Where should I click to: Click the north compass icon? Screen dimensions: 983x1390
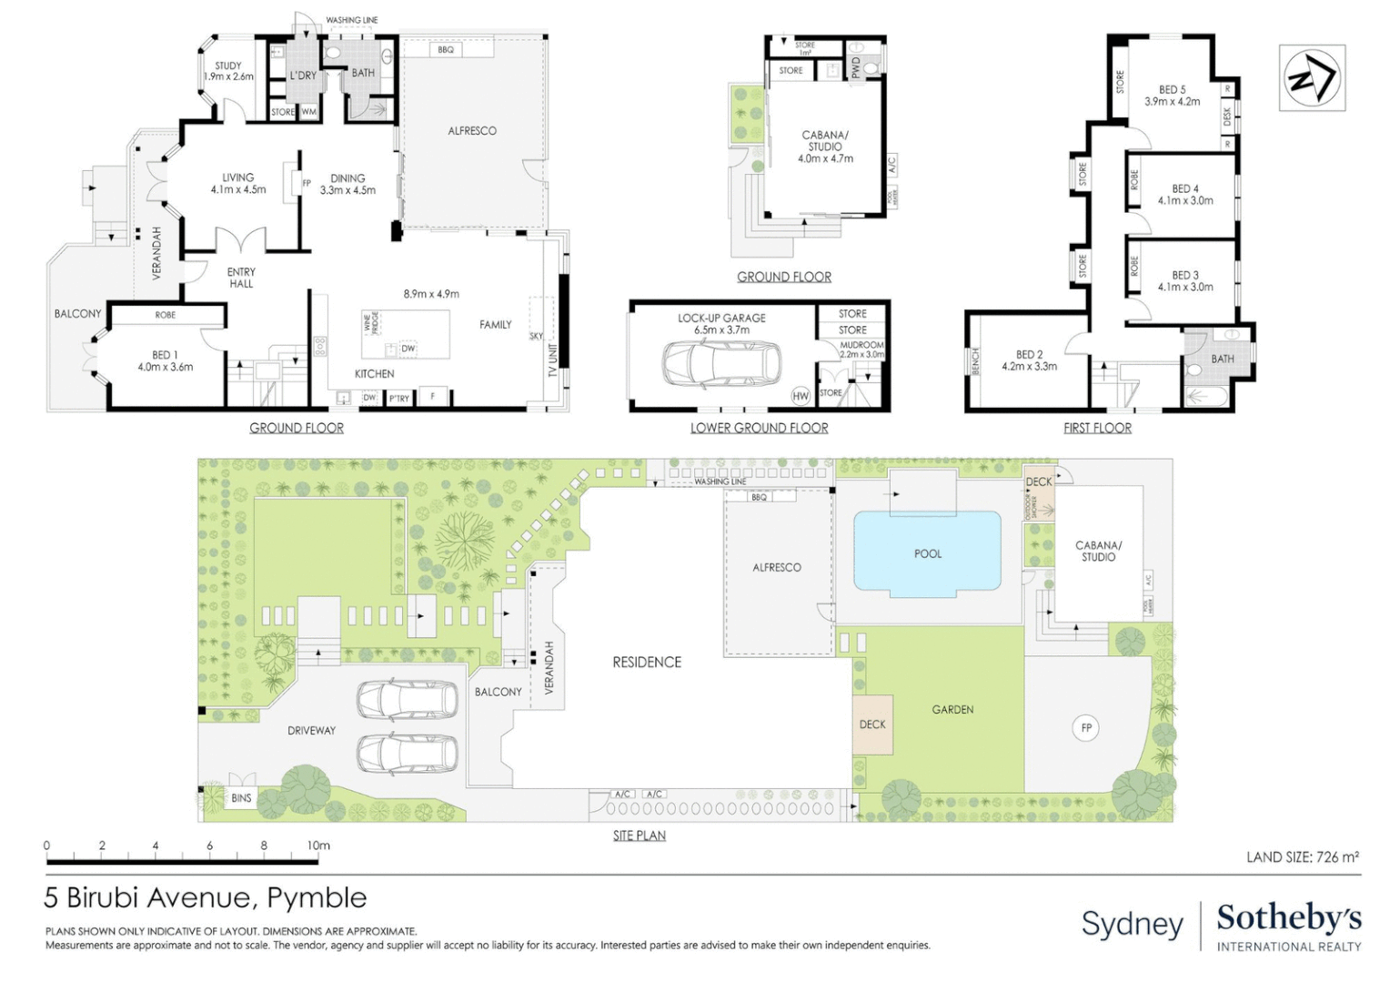point(1312,77)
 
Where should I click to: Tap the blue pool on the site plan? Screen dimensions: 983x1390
point(927,552)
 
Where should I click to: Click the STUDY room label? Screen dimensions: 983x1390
point(228,66)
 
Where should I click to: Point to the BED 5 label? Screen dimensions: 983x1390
point(1172,90)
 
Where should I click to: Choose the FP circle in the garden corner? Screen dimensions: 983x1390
point(1085,728)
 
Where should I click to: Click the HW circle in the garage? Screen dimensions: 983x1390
point(801,396)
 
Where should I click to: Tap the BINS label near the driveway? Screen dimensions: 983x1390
point(241,798)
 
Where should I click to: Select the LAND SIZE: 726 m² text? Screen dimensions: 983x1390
point(1302,856)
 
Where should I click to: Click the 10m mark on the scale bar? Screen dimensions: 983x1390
point(317,846)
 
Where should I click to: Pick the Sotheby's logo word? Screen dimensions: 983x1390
point(1288,917)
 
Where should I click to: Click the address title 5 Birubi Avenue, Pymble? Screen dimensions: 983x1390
point(206,898)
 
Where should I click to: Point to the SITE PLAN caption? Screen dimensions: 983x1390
point(639,836)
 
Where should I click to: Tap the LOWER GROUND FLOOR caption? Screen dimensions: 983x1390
point(759,428)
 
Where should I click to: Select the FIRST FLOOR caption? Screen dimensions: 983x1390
point(1097,428)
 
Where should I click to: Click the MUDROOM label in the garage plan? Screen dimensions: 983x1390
point(861,345)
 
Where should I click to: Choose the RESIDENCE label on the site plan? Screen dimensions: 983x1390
point(647,662)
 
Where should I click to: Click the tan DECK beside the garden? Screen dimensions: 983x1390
point(872,725)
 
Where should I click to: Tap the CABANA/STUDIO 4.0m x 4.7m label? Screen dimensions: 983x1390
point(825,146)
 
